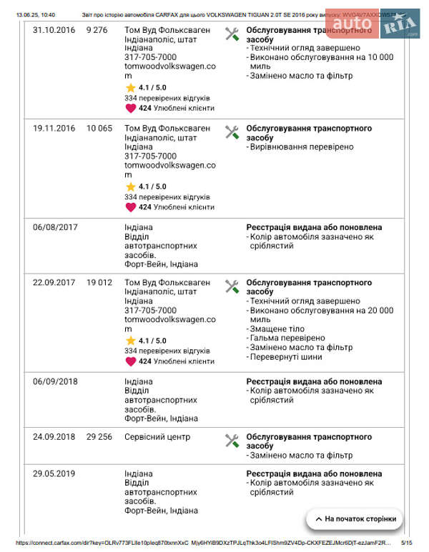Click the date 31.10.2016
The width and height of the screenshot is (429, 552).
(x=54, y=30)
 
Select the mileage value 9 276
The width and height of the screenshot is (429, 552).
(x=97, y=30)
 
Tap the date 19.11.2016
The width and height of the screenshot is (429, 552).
(x=54, y=129)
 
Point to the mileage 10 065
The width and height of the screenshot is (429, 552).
(x=99, y=129)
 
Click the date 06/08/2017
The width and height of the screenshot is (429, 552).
(x=54, y=227)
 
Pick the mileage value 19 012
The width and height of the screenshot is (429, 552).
(x=99, y=283)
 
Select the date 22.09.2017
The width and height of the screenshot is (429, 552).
(x=54, y=283)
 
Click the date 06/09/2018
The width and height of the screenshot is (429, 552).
(x=54, y=381)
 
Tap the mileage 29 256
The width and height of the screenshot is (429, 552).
(x=99, y=437)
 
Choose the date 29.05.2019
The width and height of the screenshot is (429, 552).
(x=54, y=473)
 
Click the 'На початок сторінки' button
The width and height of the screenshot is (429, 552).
(x=354, y=519)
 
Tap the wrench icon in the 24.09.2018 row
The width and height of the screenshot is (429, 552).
(x=232, y=441)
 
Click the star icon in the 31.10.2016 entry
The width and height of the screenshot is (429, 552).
(x=130, y=87)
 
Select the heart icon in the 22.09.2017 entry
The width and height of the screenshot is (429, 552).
(x=130, y=361)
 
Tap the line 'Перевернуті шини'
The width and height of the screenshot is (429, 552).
(x=285, y=356)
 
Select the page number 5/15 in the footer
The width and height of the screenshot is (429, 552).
(x=407, y=543)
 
